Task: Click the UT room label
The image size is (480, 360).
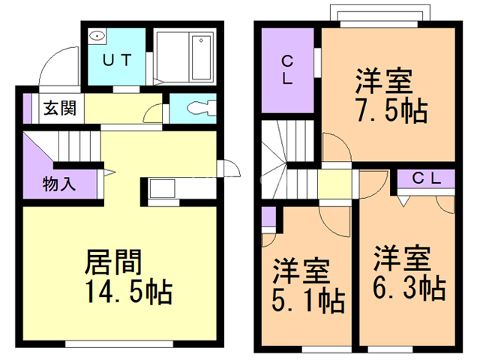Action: pyautogui.click(x=117, y=60)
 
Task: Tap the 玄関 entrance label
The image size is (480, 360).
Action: pyautogui.click(x=60, y=108)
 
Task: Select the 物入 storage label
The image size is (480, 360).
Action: pyautogui.click(x=59, y=184)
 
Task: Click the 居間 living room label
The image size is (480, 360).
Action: pyautogui.click(x=113, y=262)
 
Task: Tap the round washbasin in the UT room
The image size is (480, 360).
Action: pyautogui.click(x=97, y=36)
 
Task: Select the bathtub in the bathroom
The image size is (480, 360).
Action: pyautogui.click(x=201, y=58)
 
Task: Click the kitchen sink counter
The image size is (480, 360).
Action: pyautogui.click(x=163, y=188)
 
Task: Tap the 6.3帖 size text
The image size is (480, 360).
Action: pyautogui.click(x=409, y=288)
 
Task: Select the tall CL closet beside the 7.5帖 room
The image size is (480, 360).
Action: pyautogui.click(x=287, y=70)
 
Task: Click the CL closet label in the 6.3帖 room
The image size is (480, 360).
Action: pyautogui.click(x=427, y=178)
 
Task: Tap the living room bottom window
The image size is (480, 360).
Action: pyautogui.click(x=119, y=344)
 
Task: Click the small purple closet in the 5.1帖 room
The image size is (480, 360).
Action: pyautogui.click(x=268, y=217)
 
